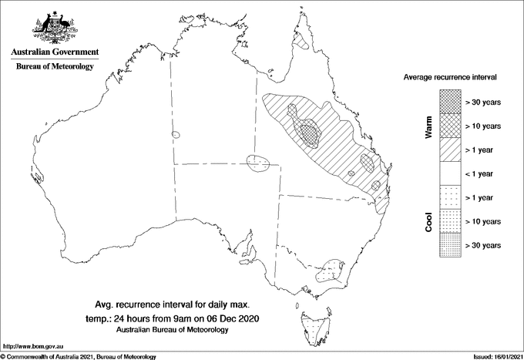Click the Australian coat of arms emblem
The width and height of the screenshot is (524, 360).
tap(55, 27)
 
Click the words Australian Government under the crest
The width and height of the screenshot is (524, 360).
tap(55, 52)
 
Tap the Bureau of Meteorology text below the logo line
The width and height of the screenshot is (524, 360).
tap(55, 67)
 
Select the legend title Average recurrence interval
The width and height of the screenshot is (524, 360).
tap(451, 78)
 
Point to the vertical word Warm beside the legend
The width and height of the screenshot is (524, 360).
tap(428, 126)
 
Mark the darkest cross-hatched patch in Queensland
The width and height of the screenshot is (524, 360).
tap(310, 133)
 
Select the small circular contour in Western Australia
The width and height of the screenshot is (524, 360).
tap(176, 134)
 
